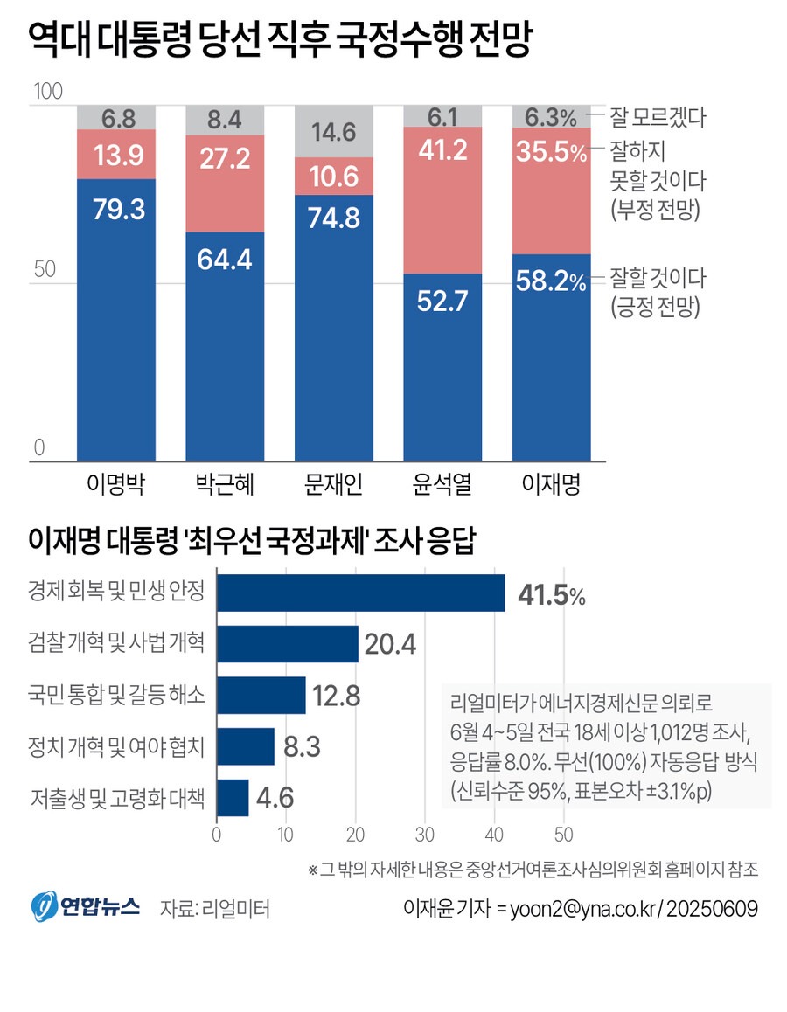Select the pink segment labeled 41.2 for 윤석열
(x=442, y=200)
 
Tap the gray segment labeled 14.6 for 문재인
(x=333, y=133)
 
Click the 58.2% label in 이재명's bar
(x=551, y=281)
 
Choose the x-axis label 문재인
(x=333, y=483)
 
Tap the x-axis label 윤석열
(x=442, y=483)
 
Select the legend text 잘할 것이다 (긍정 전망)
(x=658, y=292)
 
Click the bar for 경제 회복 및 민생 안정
(x=360, y=593)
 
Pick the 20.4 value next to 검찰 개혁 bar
(x=390, y=645)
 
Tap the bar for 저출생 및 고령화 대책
(x=233, y=798)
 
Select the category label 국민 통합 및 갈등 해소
(x=117, y=697)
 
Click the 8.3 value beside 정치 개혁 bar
(x=301, y=747)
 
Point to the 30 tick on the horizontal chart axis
(x=424, y=833)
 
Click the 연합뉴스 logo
(x=86, y=907)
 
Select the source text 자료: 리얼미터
(x=215, y=909)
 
